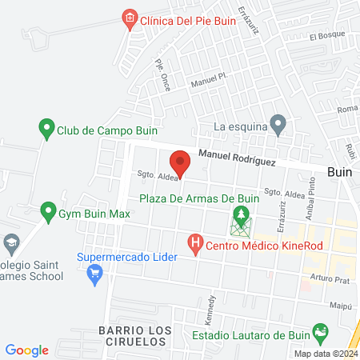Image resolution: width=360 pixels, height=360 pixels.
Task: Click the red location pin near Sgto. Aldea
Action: (181, 162)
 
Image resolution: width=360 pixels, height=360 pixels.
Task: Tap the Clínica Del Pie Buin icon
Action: (129, 18)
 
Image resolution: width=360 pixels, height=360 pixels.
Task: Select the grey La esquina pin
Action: (278, 124)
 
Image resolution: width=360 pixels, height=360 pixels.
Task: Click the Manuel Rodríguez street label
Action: (238, 160)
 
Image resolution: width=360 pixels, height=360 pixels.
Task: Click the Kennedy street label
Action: (213, 307)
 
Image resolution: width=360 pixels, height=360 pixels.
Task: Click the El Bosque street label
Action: (326, 35)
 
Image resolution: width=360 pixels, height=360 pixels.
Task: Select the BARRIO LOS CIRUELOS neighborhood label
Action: (136, 336)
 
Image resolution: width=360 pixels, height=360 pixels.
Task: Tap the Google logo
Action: (26, 350)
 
